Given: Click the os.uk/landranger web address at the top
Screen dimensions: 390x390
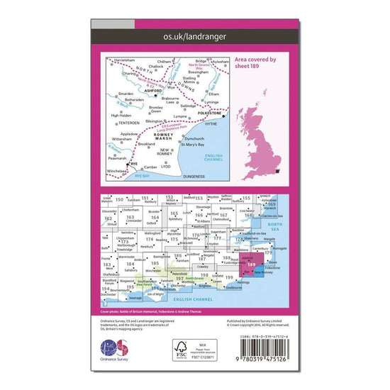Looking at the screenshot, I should pyautogui.click(x=194, y=34).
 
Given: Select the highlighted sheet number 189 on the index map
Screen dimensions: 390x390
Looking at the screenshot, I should pyautogui.click(x=253, y=264).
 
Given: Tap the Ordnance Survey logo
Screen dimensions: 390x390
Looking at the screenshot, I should pyautogui.click(x=118, y=352).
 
